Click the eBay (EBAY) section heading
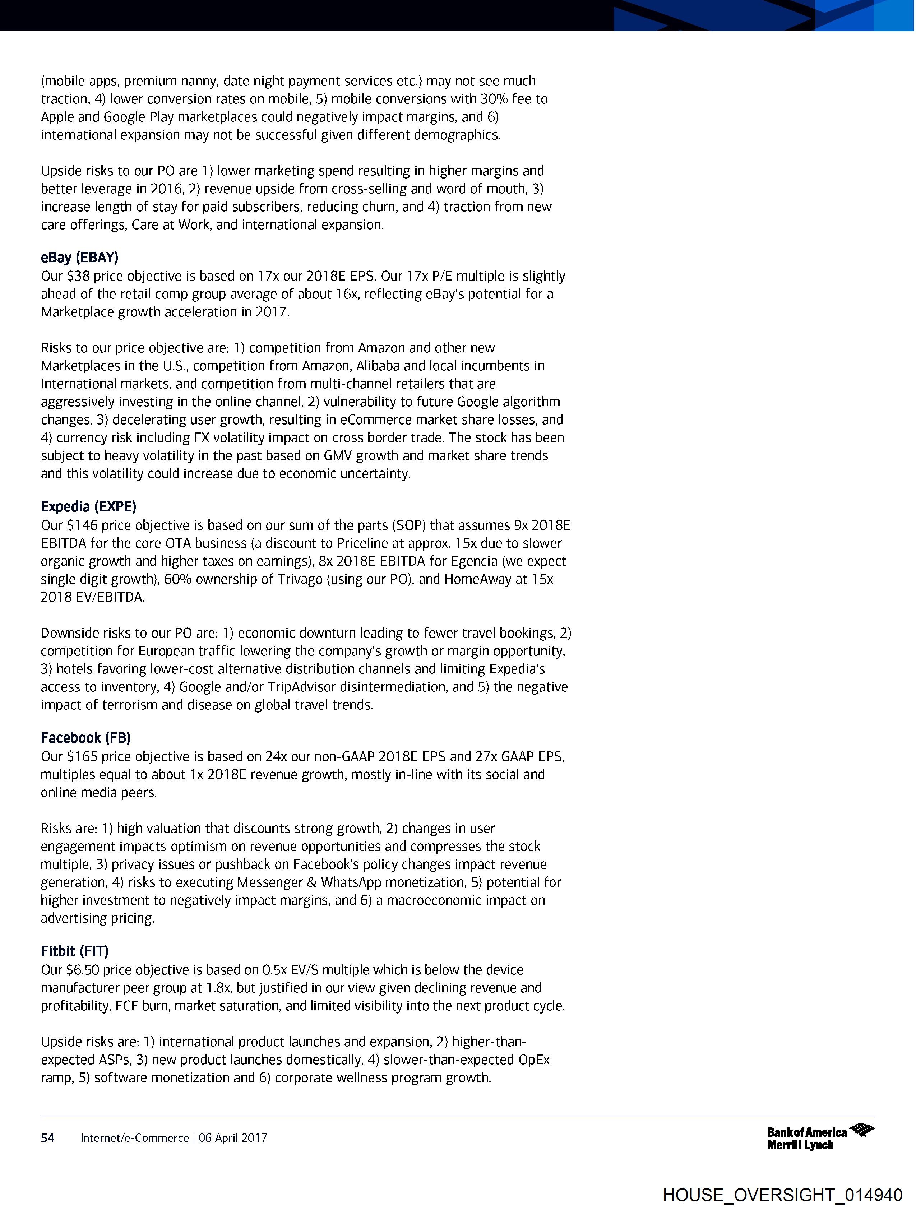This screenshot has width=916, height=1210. point(79,258)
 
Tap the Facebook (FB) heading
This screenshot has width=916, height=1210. point(85,738)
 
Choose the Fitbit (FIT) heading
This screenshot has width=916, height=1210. point(74,951)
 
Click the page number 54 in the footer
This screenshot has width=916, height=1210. point(48,1138)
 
